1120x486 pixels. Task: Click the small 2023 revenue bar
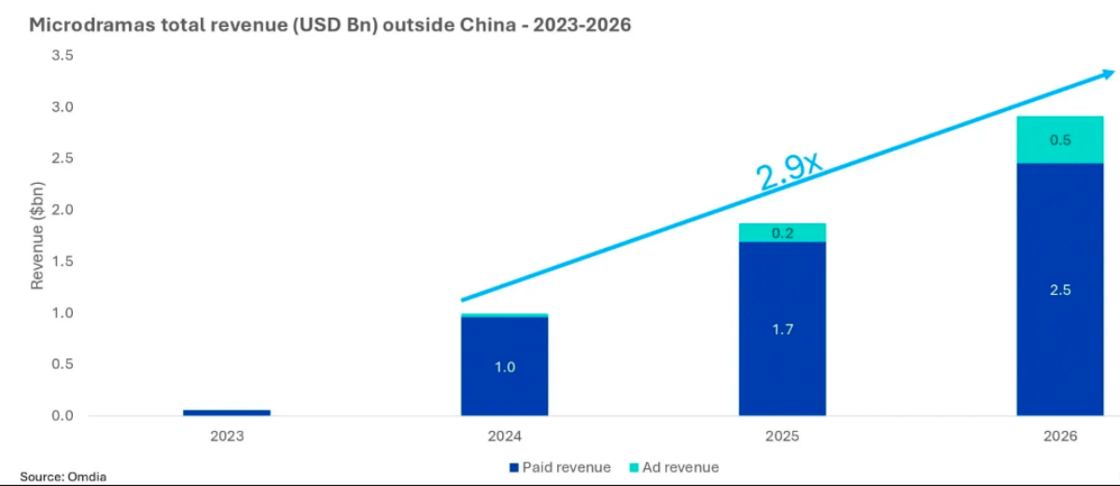[226, 411]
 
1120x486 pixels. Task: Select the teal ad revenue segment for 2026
[1060, 140]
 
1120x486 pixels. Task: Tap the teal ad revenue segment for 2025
[782, 232]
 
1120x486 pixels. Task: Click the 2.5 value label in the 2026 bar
[1060, 290]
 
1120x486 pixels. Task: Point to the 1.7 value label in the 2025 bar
[782, 329]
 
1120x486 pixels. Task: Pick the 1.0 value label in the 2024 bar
[504, 367]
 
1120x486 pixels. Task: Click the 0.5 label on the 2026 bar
[1060, 140]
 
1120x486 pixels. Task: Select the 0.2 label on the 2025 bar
[782, 233]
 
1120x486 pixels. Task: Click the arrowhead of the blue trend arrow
[1107, 75]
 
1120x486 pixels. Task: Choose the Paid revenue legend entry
[560, 467]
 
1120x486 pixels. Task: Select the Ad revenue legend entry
[673, 467]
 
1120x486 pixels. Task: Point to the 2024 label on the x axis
[504, 436]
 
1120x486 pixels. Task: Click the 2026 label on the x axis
[1060, 436]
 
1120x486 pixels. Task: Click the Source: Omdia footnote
[63, 477]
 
